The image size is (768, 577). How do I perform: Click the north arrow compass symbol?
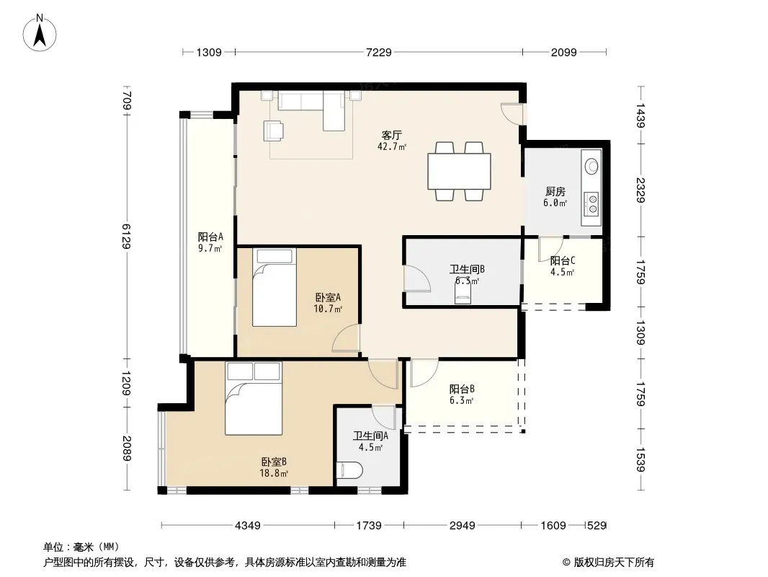(40, 32)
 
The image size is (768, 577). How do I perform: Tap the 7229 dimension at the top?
(379, 52)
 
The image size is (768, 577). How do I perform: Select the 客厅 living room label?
(392, 135)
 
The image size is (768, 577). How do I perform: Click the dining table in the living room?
(460, 171)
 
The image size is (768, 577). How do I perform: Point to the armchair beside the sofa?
(273, 131)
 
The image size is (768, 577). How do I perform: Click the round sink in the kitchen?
(592, 166)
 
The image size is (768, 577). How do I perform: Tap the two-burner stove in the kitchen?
(592, 204)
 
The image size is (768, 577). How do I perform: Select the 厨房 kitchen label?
(555, 192)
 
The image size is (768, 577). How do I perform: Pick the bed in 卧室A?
(274, 287)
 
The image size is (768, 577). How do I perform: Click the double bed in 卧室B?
(254, 398)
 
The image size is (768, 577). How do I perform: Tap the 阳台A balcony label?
(210, 237)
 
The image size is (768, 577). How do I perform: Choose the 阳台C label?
(562, 261)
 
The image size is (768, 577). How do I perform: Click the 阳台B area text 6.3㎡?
(461, 400)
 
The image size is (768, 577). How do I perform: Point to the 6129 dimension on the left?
(126, 237)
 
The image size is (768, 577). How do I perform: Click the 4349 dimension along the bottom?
(248, 526)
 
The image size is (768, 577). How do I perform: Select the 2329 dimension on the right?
(640, 190)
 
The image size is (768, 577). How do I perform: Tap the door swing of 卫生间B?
(417, 278)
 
